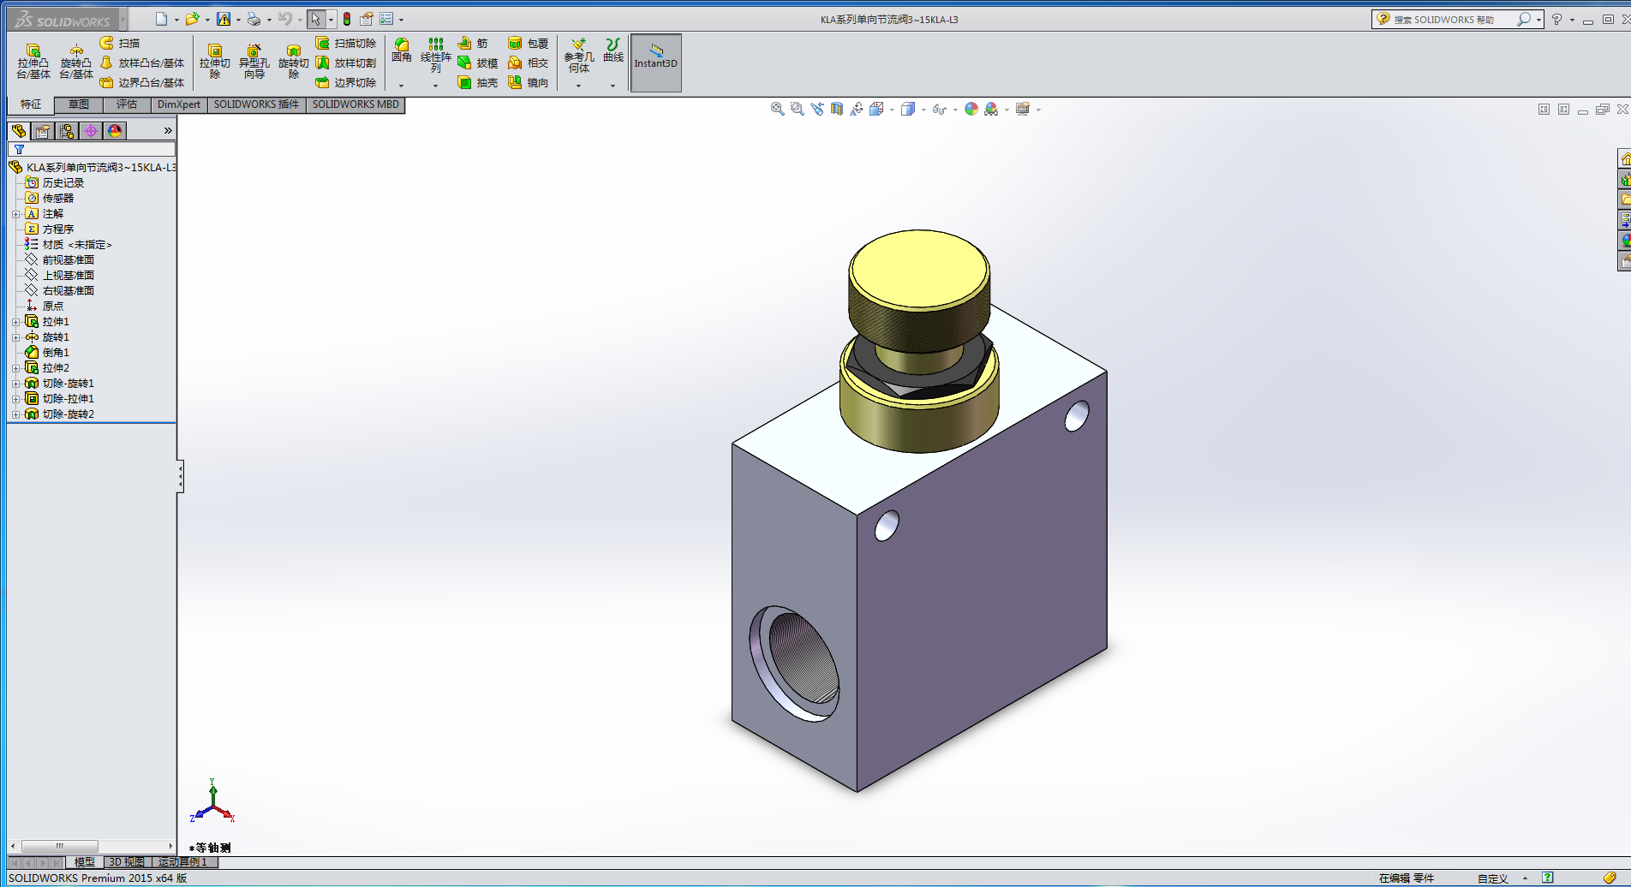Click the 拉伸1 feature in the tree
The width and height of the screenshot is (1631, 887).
point(56,322)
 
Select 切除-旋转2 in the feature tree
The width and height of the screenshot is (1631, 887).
point(68,414)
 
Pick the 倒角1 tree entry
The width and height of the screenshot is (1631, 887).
point(56,353)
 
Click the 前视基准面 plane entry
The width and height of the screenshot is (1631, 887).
point(68,260)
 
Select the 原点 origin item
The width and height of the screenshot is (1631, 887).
point(52,307)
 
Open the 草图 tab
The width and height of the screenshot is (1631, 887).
point(79,104)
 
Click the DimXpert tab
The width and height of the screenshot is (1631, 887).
point(179,104)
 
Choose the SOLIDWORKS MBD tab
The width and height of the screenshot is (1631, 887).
point(355,104)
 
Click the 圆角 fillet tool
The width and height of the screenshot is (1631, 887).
point(402,51)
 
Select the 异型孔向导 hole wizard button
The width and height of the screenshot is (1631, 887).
point(254,61)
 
